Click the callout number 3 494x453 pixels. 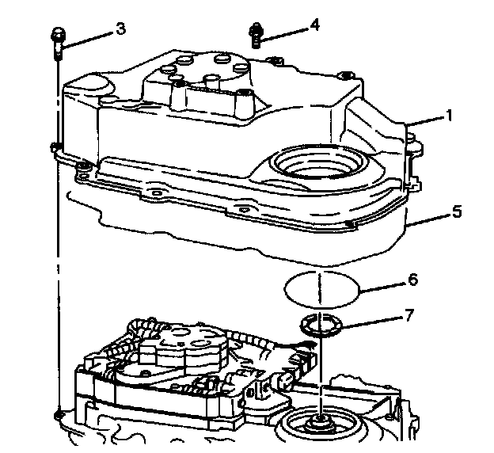(x=121, y=29)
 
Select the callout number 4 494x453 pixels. (x=316, y=25)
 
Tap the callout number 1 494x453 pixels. (x=449, y=116)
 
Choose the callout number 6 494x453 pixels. (x=412, y=280)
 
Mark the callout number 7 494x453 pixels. (x=409, y=316)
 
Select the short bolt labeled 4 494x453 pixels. (x=256, y=35)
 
